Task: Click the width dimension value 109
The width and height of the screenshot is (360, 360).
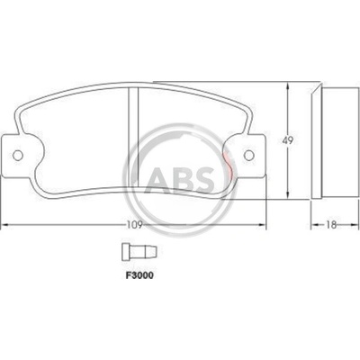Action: [x=134, y=225]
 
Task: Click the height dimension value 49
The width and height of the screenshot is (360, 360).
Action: [x=288, y=140]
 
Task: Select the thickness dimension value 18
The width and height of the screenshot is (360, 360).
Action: [x=331, y=225]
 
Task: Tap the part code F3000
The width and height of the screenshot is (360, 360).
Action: [x=139, y=275]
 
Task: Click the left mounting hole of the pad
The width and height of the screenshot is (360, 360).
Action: [x=18, y=155]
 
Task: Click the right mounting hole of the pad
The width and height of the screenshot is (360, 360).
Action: [x=248, y=155]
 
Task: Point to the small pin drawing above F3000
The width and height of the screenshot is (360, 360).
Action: [x=139, y=251]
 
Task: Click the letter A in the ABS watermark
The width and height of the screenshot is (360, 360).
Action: [x=158, y=179]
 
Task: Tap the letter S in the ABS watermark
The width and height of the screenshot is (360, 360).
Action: [x=205, y=179]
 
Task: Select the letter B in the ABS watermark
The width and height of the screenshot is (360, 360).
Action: [x=183, y=179]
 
